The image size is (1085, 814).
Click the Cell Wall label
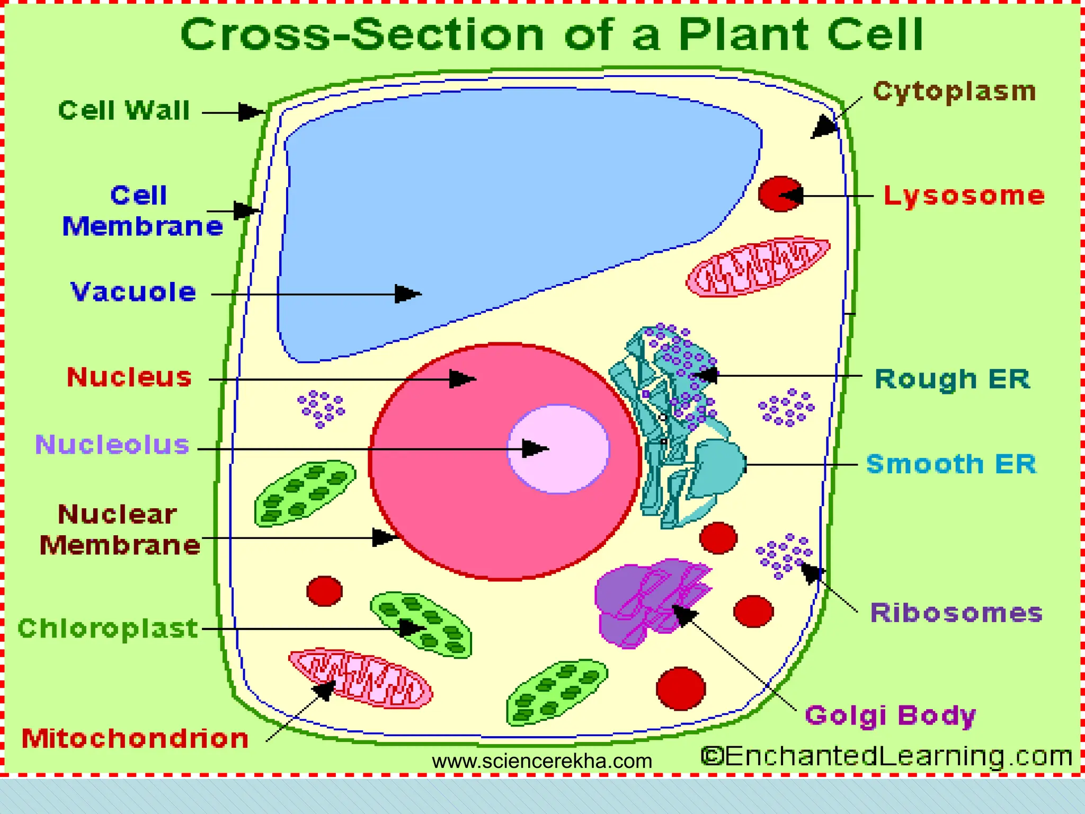[x=124, y=111]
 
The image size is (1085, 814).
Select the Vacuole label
[x=134, y=292]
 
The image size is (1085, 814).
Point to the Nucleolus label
[x=112, y=445]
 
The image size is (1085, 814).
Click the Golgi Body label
[x=890, y=715]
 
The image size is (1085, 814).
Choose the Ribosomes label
[x=956, y=613]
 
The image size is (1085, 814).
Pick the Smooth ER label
[x=951, y=464]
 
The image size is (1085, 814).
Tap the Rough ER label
[x=952, y=379]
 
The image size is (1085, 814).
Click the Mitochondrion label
[x=135, y=738]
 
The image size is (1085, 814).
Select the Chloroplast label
[x=108, y=629]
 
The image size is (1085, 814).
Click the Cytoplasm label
[x=954, y=91]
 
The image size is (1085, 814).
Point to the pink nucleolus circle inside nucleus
[x=558, y=449]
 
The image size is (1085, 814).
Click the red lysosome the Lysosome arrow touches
[x=780, y=194]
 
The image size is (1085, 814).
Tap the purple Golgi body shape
[x=652, y=601]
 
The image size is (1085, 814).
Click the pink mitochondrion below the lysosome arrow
[x=758, y=267]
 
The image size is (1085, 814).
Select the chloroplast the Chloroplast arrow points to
[x=421, y=624]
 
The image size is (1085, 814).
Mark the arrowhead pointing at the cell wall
[x=252, y=112]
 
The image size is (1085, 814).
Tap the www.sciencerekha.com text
[x=542, y=762]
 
